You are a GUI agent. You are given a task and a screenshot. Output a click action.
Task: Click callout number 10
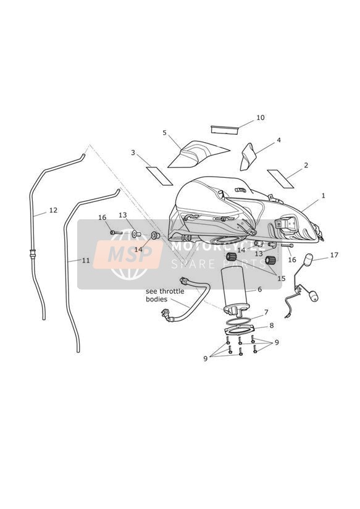click(x=261, y=117)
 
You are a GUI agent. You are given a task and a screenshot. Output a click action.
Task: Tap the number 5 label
click(x=165, y=133)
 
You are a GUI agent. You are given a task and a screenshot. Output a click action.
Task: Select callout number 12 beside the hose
click(x=53, y=210)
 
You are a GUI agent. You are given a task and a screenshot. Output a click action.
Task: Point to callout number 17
click(x=334, y=255)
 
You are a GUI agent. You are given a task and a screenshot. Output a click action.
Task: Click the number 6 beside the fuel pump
click(x=259, y=289)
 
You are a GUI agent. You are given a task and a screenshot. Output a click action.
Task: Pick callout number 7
click(x=266, y=313)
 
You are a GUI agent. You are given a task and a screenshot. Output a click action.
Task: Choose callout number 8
click(x=271, y=326)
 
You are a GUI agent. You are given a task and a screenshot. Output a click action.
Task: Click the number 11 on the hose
click(x=86, y=260)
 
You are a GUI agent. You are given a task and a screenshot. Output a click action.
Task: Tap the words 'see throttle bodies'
click(x=165, y=295)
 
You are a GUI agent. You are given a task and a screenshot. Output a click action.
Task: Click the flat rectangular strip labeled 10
click(x=225, y=129)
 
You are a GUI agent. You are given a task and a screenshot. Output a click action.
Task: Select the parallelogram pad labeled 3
click(x=159, y=175)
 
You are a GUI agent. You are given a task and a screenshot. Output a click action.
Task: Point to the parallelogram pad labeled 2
click(x=280, y=179)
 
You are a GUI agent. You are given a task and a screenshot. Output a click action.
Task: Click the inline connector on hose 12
click(x=33, y=253)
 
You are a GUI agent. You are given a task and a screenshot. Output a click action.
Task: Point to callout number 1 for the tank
click(x=324, y=196)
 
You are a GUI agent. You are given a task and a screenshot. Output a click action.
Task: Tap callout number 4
click(x=278, y=140)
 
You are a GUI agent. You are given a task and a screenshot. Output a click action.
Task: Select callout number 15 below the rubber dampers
click(x=281, y=279)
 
